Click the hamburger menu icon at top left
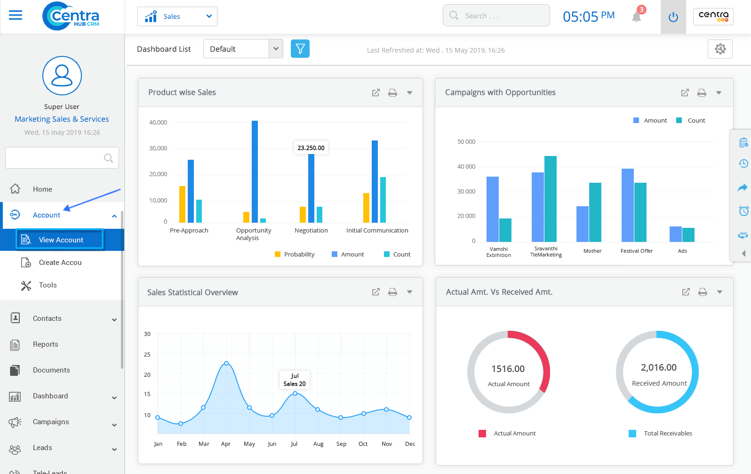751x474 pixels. coord(16,16)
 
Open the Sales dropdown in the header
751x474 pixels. coord(177,16)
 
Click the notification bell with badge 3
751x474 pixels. coord(637,17)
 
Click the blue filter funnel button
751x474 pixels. coord(300,49)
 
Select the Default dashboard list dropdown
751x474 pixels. coord(243,49)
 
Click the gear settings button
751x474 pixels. coord(720,49)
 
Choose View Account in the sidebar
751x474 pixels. coord(60,240)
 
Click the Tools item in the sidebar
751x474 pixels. coord(48,285)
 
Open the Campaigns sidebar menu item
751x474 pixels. coord(51,422)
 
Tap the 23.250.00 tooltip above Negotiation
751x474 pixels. coord(311,148)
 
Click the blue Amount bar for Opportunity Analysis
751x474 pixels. coord(255,171)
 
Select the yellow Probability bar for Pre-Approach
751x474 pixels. coord(182,204)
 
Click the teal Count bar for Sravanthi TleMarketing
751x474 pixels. coord(551,199)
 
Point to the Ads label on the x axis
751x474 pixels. coord(682,251)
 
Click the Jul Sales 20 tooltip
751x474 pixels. coord(295,380)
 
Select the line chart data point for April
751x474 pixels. coord(226,363)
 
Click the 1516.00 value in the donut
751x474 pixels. coord(508,369)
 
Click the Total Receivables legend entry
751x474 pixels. coord(668,433)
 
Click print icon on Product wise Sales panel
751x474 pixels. coord(392,93)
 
